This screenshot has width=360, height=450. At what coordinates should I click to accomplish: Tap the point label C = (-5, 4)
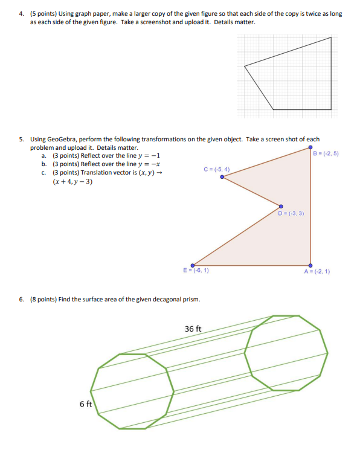tap(217, 170)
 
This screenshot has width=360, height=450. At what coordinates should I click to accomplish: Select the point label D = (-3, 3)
tap(291, 213)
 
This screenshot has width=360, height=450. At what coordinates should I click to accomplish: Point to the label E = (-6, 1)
tap(196, 270)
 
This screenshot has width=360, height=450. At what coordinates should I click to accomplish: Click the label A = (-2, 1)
tap(317, 271)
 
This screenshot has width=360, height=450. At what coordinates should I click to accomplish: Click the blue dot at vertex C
tap(222, 177)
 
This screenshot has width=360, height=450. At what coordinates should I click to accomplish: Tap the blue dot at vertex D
tap(281, 207)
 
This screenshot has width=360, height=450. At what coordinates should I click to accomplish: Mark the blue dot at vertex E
tap(193, 265)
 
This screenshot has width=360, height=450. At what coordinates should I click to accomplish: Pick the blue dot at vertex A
tap(310, 265)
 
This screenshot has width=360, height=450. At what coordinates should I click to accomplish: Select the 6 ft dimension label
tap(85, 404)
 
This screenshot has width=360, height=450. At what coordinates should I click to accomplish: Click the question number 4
tap(20, 13)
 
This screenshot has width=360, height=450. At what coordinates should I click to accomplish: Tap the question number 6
tap(20, 299)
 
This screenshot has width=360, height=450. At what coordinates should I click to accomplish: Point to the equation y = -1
tap(147, 155)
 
